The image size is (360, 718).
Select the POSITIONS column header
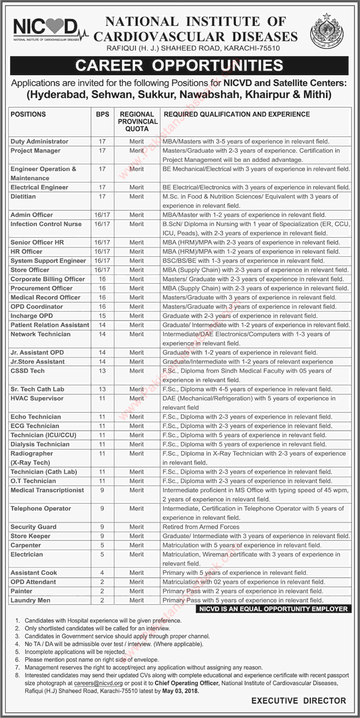(28, 115)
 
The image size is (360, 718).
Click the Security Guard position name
(34, 527)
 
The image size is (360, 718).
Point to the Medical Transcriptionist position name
(47, 490)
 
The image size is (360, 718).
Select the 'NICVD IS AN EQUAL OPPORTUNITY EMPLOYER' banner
(273, 609)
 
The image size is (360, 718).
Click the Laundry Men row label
(31, 600)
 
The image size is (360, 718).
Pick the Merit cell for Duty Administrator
(137, 141)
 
